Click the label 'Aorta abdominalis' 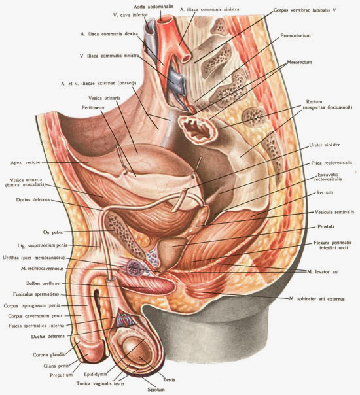(x=154, y=7)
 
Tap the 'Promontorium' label (x=295, y=35)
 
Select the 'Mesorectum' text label (x=299, y=62)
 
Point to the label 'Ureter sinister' (x=325, y=145)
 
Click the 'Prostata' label (x=326, y=226)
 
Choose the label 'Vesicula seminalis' (x=334, y=212)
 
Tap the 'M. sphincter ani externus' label (x=317, y=299)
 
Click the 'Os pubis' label (x=53, y=232)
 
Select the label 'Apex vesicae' (x=26, y=163)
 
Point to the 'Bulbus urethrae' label (x=43, y=283)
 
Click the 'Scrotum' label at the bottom (x=156, y=390)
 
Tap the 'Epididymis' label (x=96, y=375)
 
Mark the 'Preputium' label (x=62, y=375)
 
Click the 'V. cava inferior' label (x=130, y=15)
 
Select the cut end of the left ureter (x=185, y=189)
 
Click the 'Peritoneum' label (x=94, y=107)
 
